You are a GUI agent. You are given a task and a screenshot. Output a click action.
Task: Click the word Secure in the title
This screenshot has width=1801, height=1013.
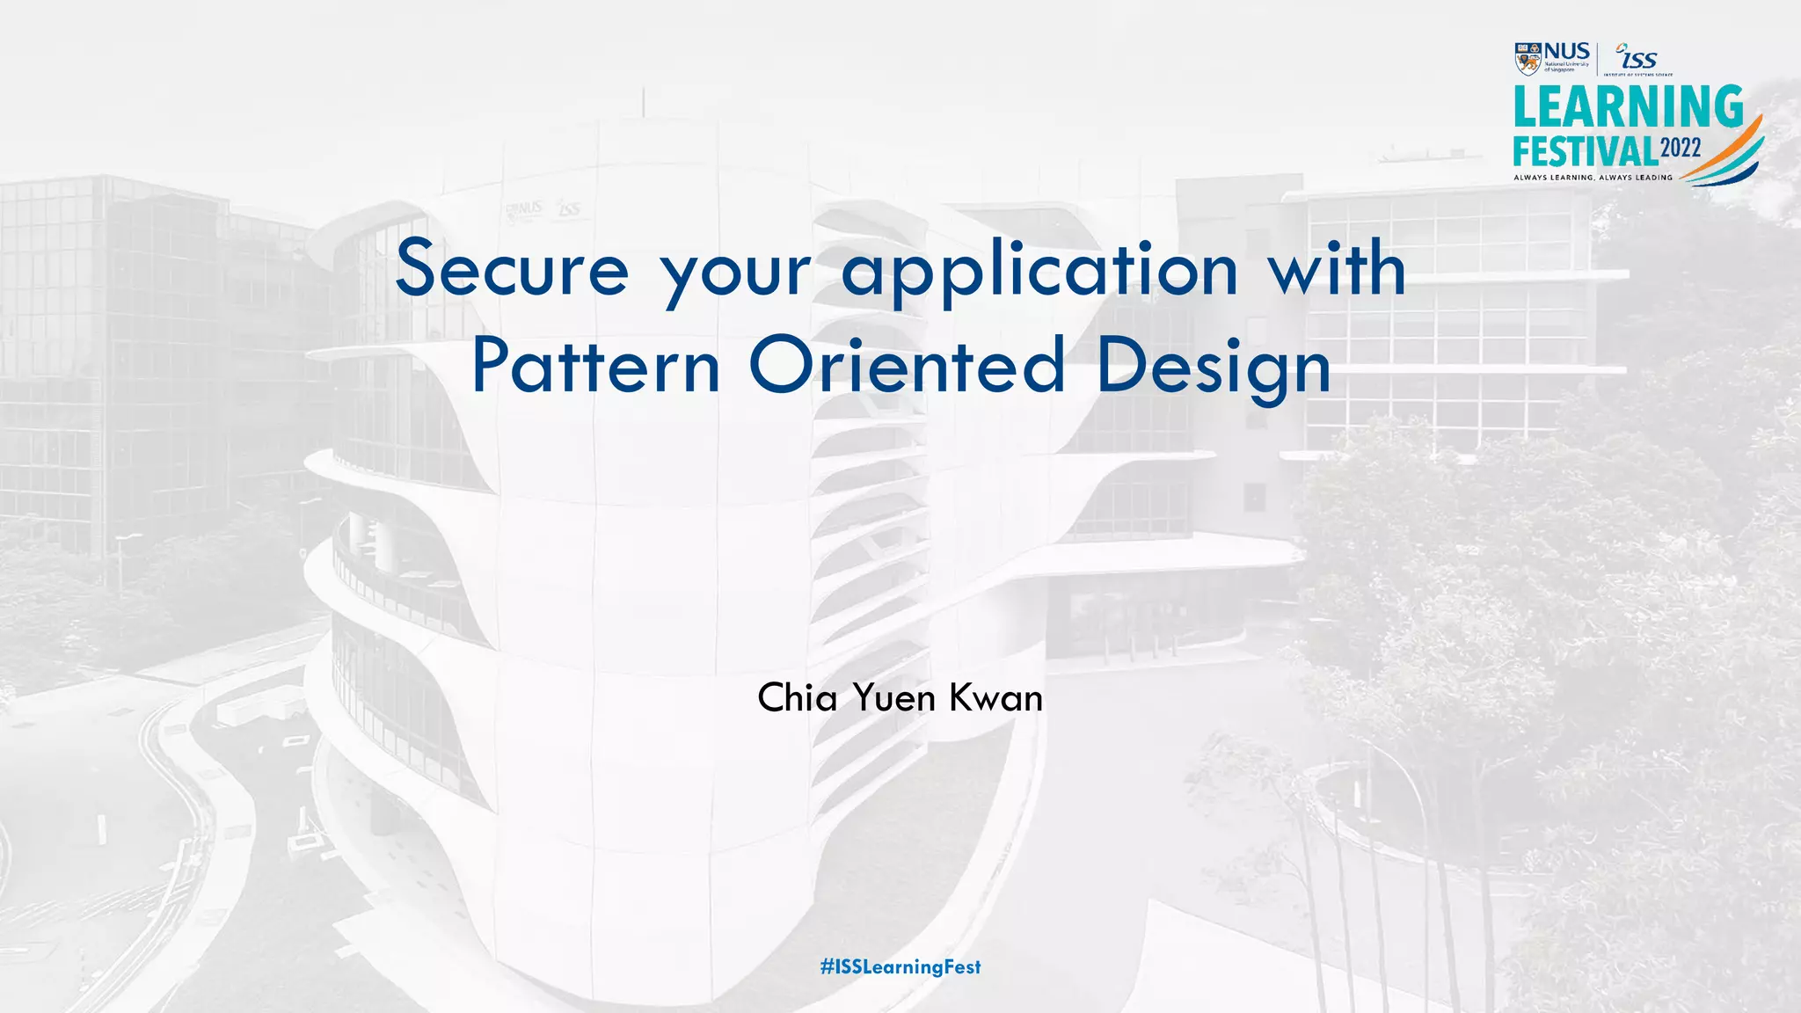(x=512, y=269)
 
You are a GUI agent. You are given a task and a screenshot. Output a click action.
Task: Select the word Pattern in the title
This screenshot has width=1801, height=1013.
(x=595, y=367)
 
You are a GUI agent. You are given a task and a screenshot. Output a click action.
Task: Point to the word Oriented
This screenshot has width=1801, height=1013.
(x=907, y=367)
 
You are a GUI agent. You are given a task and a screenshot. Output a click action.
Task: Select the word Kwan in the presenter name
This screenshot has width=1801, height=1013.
(x=995, y=698)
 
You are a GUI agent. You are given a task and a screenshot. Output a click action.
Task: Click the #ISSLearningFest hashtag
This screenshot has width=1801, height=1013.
(x=900, y=967)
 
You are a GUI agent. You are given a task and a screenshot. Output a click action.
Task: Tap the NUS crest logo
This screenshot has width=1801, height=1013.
(x=1528, y=59)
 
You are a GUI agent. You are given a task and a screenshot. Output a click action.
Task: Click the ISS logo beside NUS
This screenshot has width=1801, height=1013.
(x=1637, y=58)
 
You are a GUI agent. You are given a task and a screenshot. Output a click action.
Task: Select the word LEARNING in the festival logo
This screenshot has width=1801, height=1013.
(x=1628, y=107)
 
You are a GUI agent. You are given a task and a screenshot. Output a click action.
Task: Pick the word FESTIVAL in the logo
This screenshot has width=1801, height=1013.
(x=1585, y=151)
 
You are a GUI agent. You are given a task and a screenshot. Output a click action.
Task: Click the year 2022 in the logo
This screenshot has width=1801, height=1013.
(x=1681, y=148)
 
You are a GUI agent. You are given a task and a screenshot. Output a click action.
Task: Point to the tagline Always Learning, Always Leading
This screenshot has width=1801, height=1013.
(x=1593, y=178)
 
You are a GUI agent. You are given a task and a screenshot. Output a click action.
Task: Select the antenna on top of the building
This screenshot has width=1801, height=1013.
(x=643, y=102)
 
